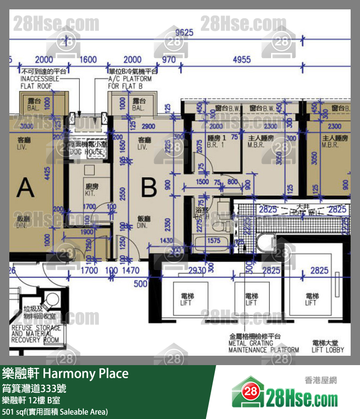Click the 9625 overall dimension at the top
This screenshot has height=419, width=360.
184,32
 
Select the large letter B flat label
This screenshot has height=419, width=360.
148,187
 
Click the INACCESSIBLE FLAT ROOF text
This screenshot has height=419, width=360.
39,79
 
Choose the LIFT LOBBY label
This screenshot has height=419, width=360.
328,346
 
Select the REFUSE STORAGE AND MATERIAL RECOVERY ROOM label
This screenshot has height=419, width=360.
36,334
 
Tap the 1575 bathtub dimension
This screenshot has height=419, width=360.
213,240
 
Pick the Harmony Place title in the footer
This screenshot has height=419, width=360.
65,374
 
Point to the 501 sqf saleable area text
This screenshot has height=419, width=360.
55,412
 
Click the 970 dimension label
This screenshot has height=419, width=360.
168,60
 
